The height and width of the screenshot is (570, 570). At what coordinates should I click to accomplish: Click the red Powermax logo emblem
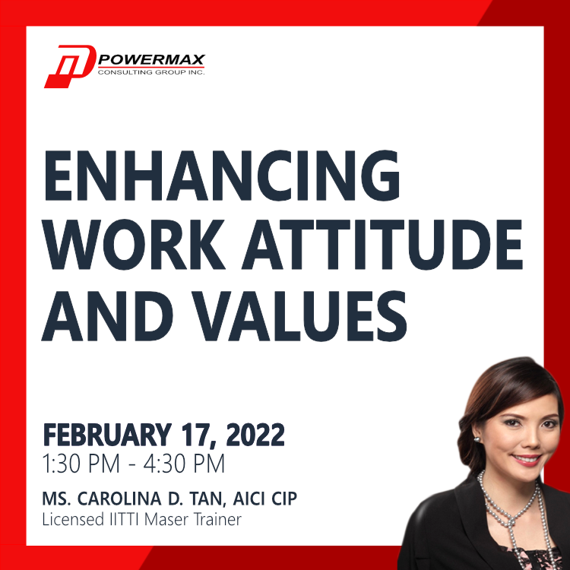click(70, 66)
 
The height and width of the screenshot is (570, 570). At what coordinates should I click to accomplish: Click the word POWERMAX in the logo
click(151, 59)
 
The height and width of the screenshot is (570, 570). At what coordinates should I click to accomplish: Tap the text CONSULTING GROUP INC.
click(151, 72)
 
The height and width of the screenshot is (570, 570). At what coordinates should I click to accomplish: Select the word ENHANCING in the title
click(221, 176)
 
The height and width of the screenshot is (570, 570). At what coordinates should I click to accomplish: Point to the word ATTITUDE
click(382, 244)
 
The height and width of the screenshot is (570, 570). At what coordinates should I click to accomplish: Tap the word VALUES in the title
click(299, 315)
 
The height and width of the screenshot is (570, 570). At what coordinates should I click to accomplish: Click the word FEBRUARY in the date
click(107, 435)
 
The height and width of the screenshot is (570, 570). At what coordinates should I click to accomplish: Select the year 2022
click(255, 435)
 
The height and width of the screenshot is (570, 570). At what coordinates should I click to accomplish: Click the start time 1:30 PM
click(81, 464)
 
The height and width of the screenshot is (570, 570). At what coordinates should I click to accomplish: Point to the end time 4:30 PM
click(184, 464)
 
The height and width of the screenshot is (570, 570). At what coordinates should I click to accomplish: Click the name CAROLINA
click(119, 498)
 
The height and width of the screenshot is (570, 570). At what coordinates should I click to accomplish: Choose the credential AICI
click(249, 498)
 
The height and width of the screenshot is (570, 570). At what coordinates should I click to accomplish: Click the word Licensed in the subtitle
click(73, 519)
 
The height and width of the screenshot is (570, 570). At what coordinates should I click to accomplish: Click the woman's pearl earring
click(477, 440)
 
